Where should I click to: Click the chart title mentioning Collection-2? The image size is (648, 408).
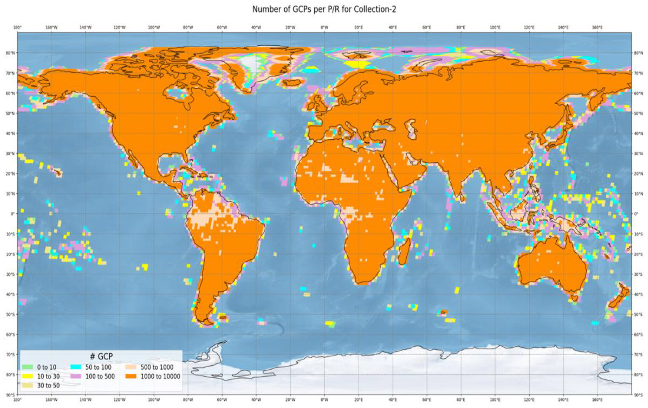coord(324,10)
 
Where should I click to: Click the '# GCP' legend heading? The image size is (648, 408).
coord(101,356)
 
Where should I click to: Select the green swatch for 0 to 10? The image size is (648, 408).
coord(27,367)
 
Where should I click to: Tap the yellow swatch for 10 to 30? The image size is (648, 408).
coord(27,376)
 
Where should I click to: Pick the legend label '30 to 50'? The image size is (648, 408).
coord(48,385)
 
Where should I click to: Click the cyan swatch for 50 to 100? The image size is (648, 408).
coord(76,367)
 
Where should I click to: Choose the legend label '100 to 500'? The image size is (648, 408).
coord(100,376)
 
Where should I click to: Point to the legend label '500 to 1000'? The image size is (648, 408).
coord(157,367)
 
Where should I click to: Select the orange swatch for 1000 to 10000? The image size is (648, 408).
coord(131,376)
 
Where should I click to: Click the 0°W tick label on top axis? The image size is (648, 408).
coord(324,27)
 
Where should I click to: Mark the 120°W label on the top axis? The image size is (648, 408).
coord(120,27)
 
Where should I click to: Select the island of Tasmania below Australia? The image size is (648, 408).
coord(575,298)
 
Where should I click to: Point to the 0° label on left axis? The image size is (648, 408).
coord(12,214)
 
